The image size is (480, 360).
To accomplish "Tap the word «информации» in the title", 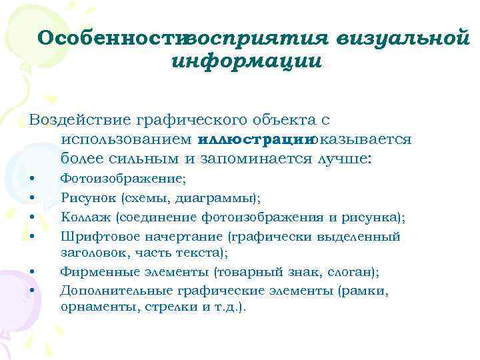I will (x=247, y=61).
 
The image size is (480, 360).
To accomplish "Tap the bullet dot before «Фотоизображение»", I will (x=33, y=179).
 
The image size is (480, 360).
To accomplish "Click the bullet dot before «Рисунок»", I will (x=33, y=198).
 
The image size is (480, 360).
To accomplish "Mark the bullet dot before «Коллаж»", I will (x=33, y=217).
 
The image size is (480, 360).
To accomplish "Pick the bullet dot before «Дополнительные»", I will (x=33, y=291).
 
